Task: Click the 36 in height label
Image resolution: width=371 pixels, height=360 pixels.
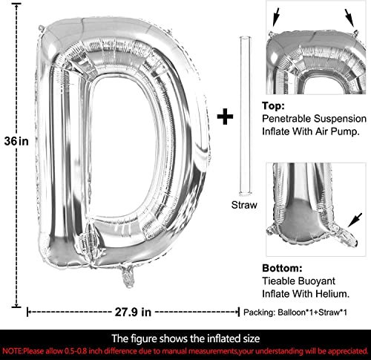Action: pyautogui.click(x=16, y=141)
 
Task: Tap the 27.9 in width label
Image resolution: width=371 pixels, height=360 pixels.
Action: pyautogui.click(x=133, y=312)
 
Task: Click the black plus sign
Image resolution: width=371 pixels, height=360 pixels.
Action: pyautogui.click(x=225, y=117)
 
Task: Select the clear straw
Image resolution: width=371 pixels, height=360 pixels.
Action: pyautogui.click(x=245, y=116)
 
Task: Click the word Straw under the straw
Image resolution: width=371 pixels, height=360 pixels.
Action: pyautogui.click(x=244, y=205)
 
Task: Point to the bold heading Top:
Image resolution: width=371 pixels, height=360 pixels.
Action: pyautogui.click(x=273, y=105)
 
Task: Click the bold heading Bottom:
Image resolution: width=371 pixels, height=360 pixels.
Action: pyautogui.click(x=282, y=268)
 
